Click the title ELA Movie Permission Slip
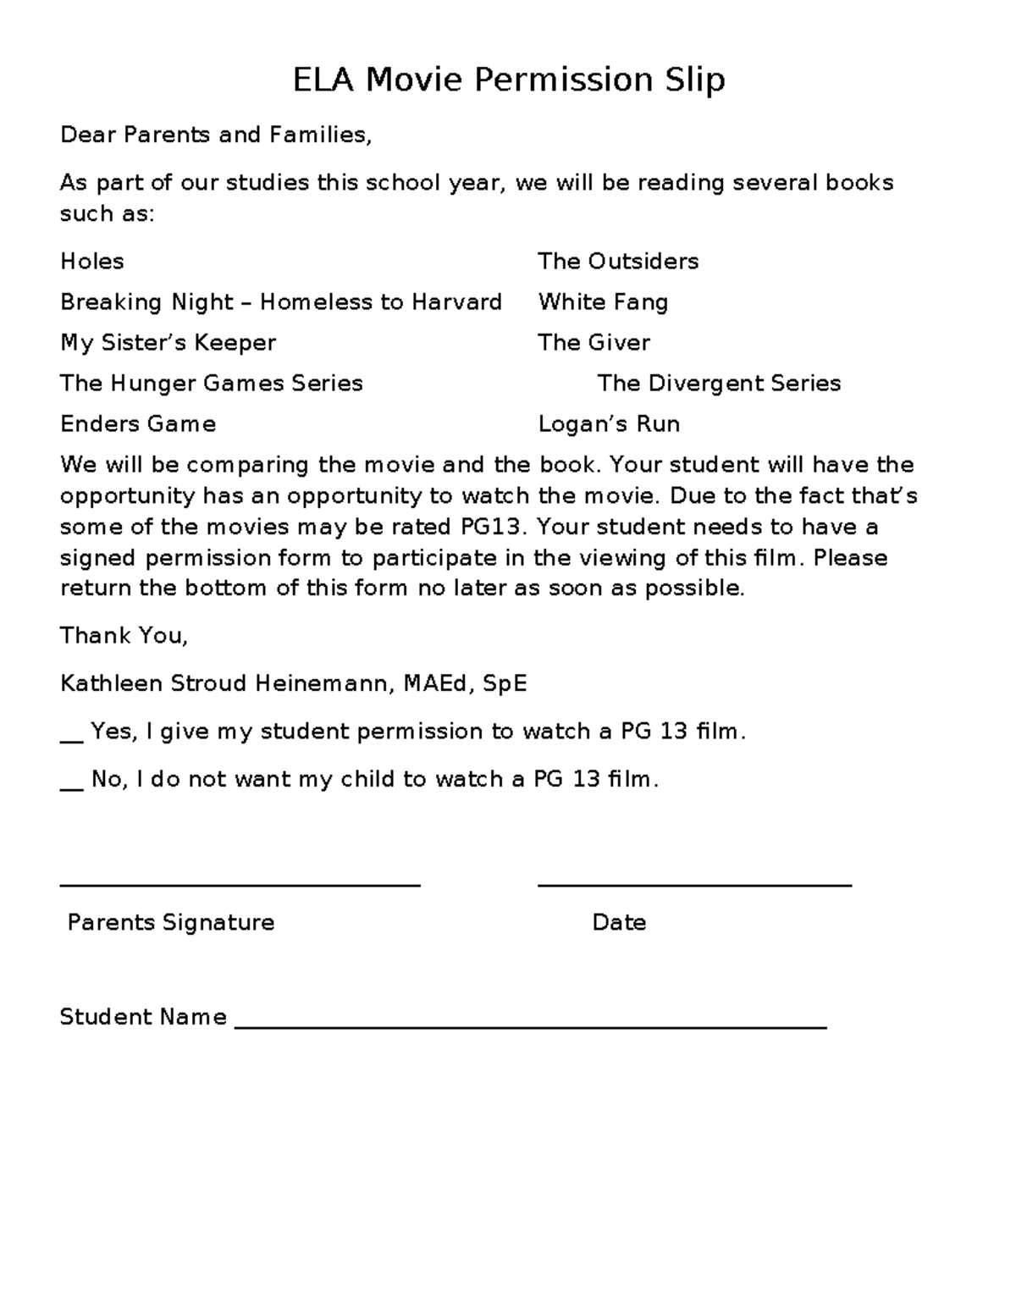pyautogui.click(x=508, y=80)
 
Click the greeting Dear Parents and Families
pyautogui.click(x=216, y=135)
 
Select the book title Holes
pyautogui.click(x=92, y=261)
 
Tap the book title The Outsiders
pyautogui.click(x=618, y=261)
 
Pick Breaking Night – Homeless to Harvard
pyautogui.click(x=281, y=302)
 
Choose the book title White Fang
pyautogui.click(x=603, y=302)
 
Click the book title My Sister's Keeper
pyautogui.click(x=168, y=343)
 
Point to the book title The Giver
pyautogui.click(x=594, y=343)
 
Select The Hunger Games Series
pyautogui.click(x=212, y=384)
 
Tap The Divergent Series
pyautogui.click(x=719, y=384)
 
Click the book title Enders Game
pyautogui.click(x=138, y=424)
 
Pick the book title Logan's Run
pyautogui.click(x=609, y=424)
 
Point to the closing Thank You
pyautogui.click(x=124, y=636)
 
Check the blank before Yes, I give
pyautogui.click(x=72, y=739)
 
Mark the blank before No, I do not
pyautogui.click(x=72, y=787)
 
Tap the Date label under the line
pyautogui.click(x=619, y=922)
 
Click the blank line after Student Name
pyautogui.click(x=530, y=1027)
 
